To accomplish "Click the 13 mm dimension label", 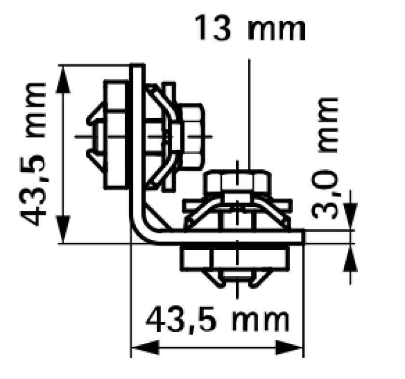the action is (250, 27).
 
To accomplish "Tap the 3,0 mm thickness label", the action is (325, 158).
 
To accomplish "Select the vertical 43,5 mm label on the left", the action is (33, 154).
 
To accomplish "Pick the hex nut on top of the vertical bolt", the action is (237, 181).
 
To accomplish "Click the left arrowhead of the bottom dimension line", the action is (145, 348).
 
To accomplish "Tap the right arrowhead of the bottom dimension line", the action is (289, 348).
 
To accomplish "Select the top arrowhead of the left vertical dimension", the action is (63, 79).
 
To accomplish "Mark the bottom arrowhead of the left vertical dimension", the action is (63, 230).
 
